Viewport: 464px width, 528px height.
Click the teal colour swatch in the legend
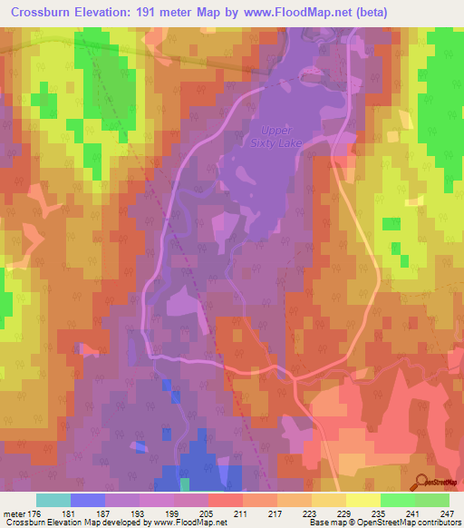click(x=53, y=500)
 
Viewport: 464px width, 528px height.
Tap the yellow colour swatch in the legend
click(x=363, y=500)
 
